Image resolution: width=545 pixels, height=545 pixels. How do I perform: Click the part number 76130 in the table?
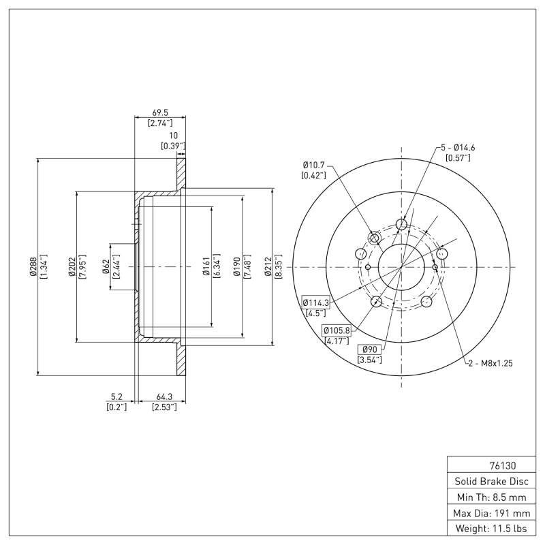click(503, 466)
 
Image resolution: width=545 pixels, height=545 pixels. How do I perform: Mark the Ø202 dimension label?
click(71, 266)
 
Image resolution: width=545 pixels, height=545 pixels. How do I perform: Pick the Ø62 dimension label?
click(106, 266)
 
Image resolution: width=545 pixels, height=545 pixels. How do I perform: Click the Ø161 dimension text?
click(205, 266)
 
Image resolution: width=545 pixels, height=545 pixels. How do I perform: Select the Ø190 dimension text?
click(236, 266)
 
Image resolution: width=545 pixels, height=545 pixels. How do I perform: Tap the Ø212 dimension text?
click(268, 266)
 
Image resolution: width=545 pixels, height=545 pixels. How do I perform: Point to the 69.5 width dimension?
click(159, 112)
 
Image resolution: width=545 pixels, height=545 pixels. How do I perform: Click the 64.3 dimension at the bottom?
click(163, 396)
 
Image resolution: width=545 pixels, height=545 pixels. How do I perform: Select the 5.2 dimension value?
click(116, 396)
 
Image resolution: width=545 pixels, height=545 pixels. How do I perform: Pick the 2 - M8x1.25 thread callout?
click(490, 363)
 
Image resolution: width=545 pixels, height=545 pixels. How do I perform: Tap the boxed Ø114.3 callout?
click(315, 302)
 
